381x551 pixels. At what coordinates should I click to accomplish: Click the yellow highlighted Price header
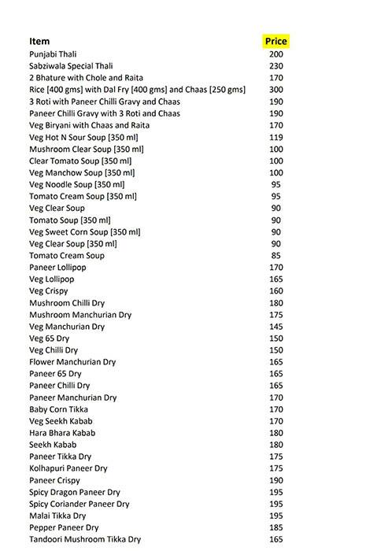pos(276,41)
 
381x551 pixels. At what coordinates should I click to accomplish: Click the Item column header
pos(39,41)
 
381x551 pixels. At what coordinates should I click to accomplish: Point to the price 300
pos(276,90)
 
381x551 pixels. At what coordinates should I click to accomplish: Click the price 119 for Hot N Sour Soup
pos(276,137)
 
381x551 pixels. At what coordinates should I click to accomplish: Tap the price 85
pos(276,256)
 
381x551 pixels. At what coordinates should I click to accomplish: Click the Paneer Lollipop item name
pos(57,268)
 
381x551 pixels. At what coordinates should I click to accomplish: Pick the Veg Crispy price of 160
pos(276,291)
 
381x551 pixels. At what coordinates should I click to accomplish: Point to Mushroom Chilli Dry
pos(67,303)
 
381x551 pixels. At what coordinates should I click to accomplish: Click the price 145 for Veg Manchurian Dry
pos(276,327)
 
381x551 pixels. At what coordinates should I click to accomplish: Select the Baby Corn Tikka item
pos(58,409)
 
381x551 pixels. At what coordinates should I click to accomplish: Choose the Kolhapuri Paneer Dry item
pos(68,468)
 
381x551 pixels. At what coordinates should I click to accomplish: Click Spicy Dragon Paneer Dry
pos(75,492)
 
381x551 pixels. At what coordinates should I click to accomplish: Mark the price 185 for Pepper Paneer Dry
pos(276,527)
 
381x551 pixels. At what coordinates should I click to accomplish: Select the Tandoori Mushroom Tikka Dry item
pos(85,539)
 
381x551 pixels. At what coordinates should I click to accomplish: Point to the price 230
pos(276,66)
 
